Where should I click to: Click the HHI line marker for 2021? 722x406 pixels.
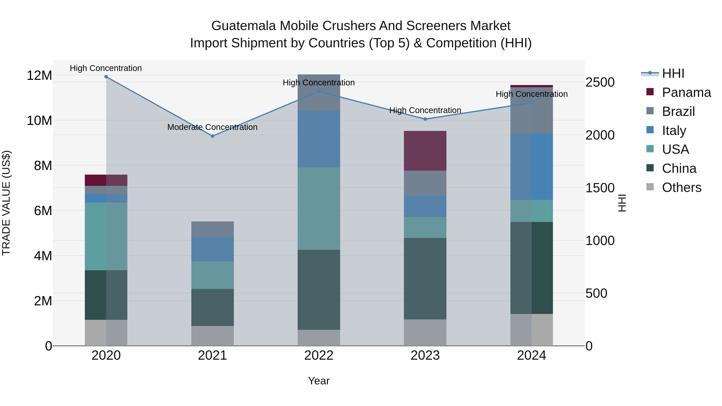(212, 136)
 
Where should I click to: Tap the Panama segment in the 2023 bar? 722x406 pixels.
(425, 151)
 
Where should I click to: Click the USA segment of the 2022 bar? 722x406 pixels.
(319, 209)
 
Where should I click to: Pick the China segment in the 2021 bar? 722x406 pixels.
(212, 307)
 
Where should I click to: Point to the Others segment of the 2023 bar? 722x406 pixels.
(425, 333)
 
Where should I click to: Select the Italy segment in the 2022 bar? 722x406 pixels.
(319, 139)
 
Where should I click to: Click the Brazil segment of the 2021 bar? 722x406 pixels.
(212, 229)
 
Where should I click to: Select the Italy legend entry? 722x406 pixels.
(674, 131)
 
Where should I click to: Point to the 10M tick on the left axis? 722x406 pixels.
(39, 121)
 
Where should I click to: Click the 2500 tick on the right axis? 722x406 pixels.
(600, 82)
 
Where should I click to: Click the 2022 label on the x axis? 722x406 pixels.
(319, 355)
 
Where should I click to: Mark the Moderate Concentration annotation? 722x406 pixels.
(212, 127)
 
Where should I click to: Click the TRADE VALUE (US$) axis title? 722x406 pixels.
(6, 203)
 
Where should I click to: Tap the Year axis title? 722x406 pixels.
(319, 381)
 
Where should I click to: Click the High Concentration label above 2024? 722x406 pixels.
(531, 94)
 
